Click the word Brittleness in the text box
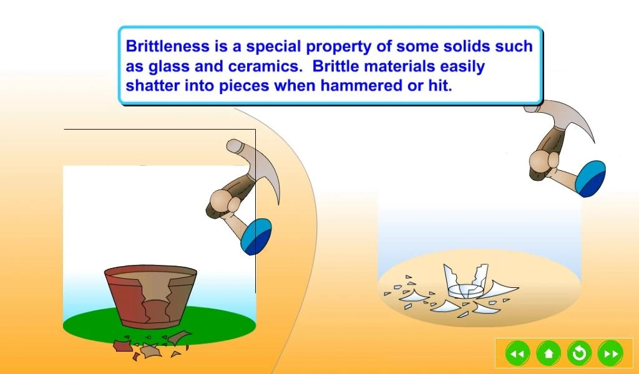[x=167, y=46]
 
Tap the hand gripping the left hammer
[x=222, y=203]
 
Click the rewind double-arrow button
[x=517, y=353]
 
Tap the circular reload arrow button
[x=579, y=353]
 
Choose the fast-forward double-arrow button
[x=610, y=353]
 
